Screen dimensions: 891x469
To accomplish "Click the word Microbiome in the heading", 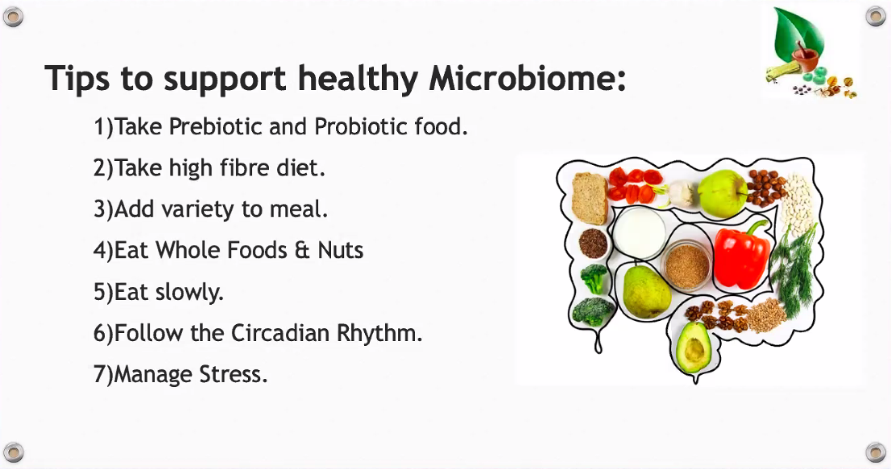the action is point(527,77).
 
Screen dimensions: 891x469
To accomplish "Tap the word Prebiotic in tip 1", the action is point(215,126).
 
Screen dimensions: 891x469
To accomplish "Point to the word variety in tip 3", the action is point(198,210).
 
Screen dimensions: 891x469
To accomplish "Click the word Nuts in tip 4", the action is point(341,250).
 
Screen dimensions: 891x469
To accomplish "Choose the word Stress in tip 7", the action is point(232,374).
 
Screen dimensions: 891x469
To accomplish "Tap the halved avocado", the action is point(694,348).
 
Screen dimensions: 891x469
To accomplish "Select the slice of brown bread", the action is point(590,199).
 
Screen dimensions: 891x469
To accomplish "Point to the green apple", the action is point(723,193).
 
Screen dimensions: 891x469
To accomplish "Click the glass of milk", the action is point(639,232).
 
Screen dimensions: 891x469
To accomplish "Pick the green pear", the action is point(645,290).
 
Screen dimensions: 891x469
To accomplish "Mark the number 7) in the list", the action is point(103,375).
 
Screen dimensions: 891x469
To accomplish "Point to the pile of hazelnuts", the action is point(765,187).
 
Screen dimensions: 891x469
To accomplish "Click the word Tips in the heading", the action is point(77,78).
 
